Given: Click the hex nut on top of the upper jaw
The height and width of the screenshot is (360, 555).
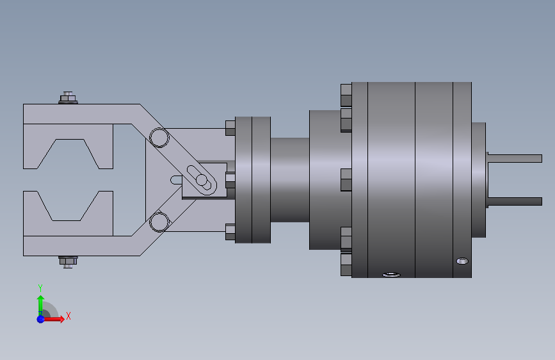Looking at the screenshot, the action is [x=68, y=98].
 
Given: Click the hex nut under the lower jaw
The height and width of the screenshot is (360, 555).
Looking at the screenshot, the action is [x=68, y=262].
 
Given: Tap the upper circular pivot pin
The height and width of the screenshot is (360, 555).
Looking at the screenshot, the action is [x=159, y=138].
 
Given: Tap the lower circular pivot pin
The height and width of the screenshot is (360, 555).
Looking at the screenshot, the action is [x=159, y=222].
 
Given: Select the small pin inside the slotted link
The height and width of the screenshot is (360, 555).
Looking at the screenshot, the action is [x=202, y=180].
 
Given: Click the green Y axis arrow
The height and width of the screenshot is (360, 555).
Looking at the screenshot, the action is [x=40, y=306].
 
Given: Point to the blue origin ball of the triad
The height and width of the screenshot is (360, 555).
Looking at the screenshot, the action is [x=41, y=319].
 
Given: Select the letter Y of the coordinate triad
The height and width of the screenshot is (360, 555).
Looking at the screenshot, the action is [x=40, y=288].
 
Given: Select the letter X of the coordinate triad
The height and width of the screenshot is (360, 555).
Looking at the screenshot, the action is [x=68, y=316].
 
